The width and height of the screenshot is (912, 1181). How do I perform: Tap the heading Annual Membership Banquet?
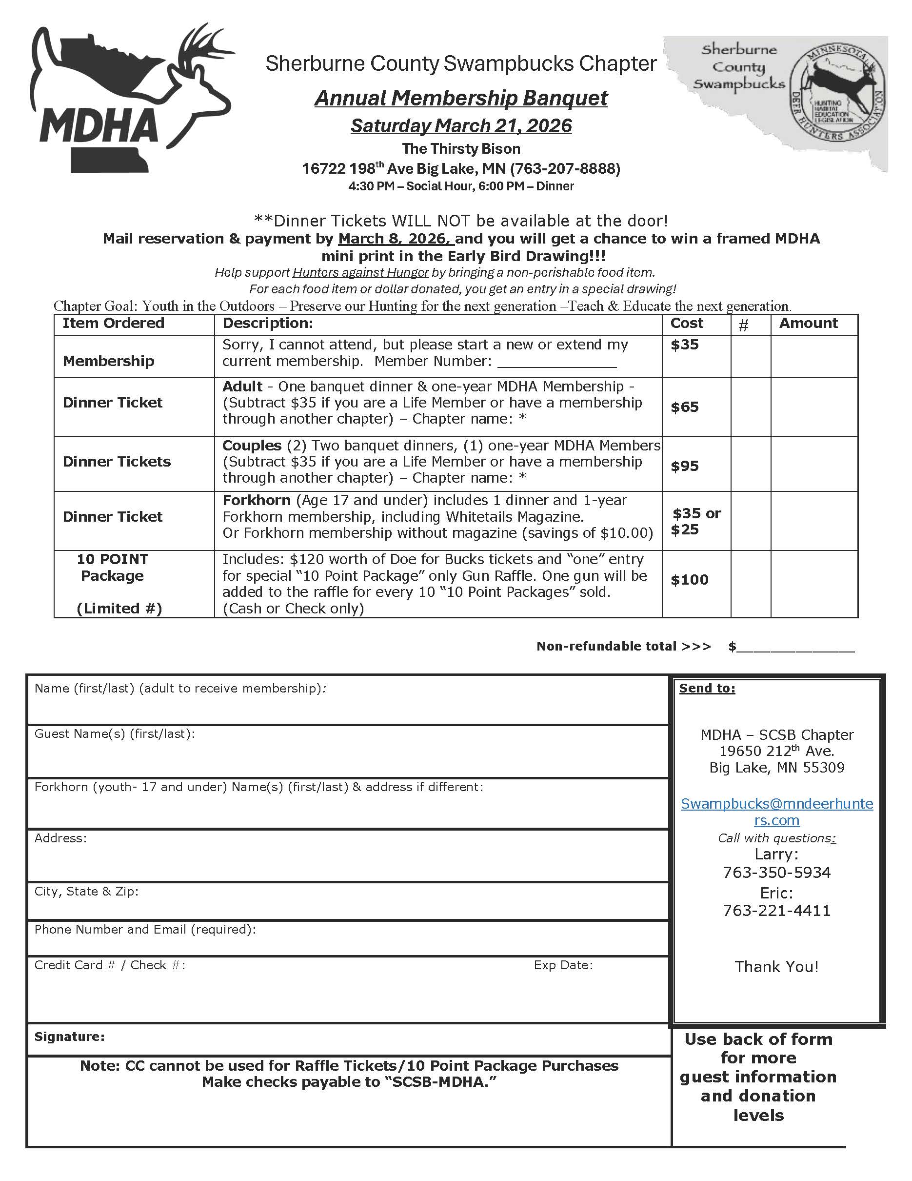461,98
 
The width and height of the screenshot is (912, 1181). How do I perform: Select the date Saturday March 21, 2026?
461,125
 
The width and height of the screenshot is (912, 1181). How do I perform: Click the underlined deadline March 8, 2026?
396,239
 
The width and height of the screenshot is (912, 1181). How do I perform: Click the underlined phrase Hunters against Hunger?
360,272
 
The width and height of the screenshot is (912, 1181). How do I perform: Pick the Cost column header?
687,324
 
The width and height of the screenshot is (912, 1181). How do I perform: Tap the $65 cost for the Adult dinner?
685,407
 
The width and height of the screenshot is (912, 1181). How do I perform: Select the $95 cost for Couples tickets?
685,466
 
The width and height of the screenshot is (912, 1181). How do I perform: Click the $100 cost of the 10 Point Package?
690,580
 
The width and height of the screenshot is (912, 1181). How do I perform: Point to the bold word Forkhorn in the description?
256,500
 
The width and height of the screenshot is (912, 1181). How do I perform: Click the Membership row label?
109,361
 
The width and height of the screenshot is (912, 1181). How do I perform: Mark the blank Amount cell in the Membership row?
813,356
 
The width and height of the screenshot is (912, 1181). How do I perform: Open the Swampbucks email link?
776,812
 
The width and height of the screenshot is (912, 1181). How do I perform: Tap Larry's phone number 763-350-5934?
776,872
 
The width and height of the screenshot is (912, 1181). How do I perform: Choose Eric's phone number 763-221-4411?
776,910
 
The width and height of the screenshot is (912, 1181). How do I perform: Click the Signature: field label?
70,1037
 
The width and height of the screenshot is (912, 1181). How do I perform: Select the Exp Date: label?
563,965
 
